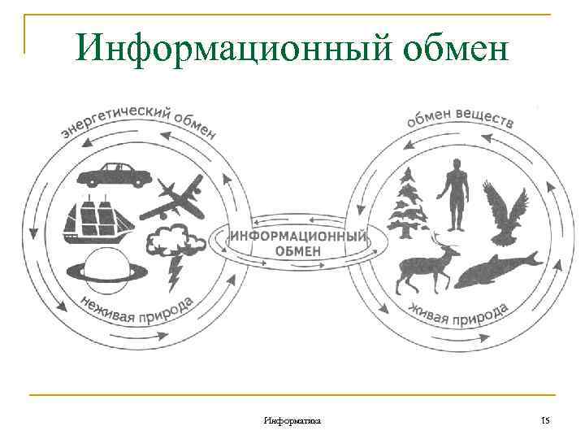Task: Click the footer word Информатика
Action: pos(292,419)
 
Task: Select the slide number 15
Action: pos(545,419)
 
